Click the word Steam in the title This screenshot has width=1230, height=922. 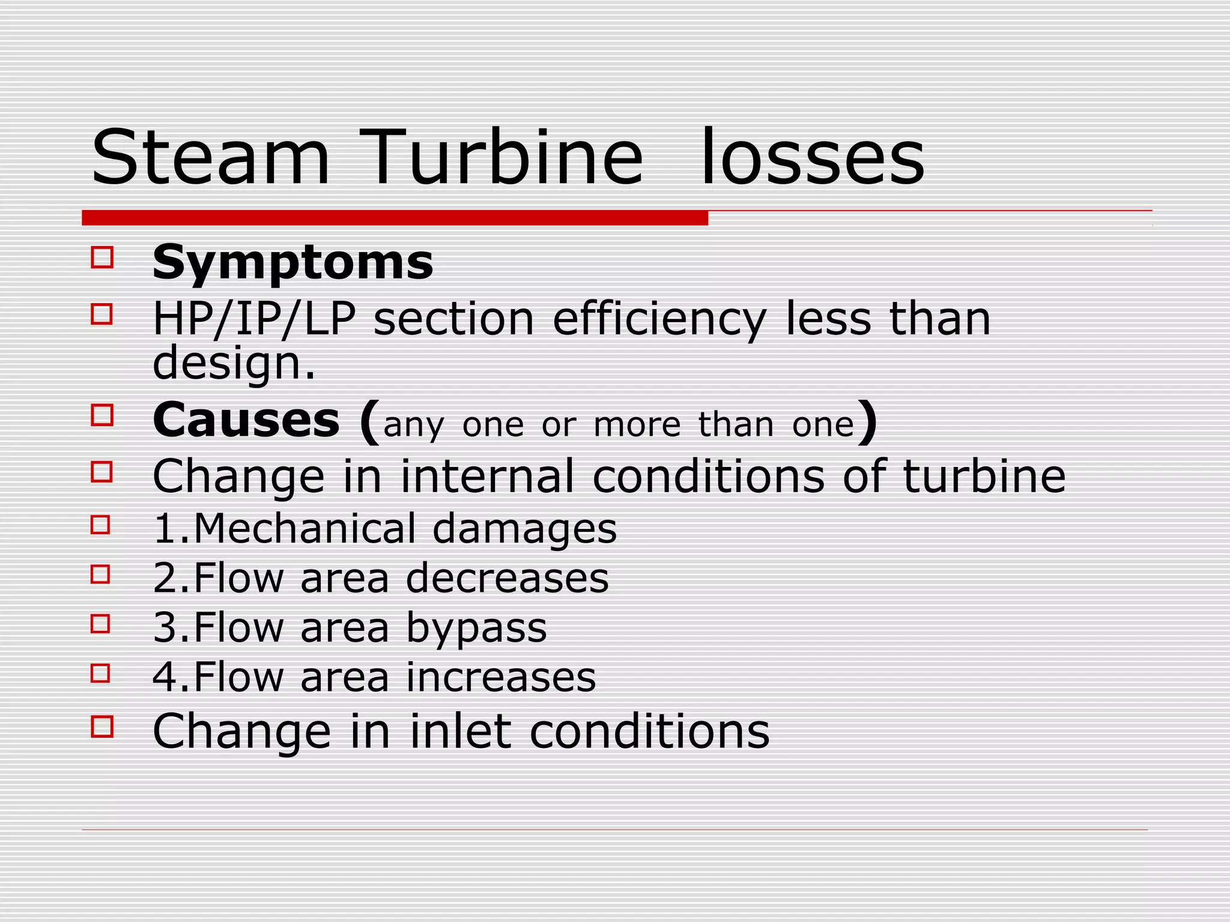[210, 158]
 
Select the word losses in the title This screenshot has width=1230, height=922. [812, 158]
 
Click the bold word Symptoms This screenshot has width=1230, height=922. [292, 262]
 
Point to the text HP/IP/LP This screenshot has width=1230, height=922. [254, 319]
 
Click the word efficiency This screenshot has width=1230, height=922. [659, 319]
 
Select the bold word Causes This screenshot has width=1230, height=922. [246, 420]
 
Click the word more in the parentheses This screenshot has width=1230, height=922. [637, 425]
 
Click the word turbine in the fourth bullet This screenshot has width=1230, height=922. [984, 476]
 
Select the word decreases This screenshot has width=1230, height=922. [507, 578]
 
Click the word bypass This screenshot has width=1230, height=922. [476, 628]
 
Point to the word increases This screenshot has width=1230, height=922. [501, 678]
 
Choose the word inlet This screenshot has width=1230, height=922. [460, 731]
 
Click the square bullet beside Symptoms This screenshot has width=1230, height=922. [102, 258]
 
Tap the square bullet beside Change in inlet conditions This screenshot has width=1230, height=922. [102, 726]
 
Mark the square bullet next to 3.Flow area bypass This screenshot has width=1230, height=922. [101, 624]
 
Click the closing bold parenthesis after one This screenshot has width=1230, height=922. [867, 422]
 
